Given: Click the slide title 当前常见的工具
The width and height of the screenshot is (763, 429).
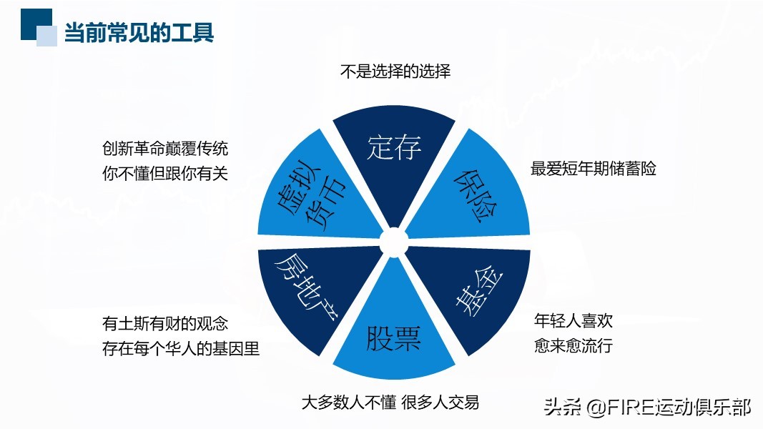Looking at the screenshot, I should (x=139, y=33).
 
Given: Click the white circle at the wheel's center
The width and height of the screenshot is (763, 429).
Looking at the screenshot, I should (x=393, y=242).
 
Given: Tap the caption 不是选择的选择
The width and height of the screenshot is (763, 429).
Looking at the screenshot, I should (x=394, y=71).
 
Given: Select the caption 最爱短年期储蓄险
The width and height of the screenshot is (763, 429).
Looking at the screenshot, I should (x=594, y=169).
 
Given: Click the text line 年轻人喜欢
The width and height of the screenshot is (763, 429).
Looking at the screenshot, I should (x=574, y=320).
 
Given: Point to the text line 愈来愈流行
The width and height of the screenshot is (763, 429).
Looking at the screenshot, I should (x=574, y=345).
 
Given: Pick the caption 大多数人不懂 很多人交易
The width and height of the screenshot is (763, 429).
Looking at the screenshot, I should (x=390, y=402).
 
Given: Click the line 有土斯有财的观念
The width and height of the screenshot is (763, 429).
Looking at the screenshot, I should (x=165, y=323).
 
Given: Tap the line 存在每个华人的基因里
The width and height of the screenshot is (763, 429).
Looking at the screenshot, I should (x=181, y=349).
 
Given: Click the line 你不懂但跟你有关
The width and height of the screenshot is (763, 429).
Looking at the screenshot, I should (x=165, y=173).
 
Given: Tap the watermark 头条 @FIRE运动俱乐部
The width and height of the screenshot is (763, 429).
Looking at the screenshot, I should (x=647, y=408).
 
